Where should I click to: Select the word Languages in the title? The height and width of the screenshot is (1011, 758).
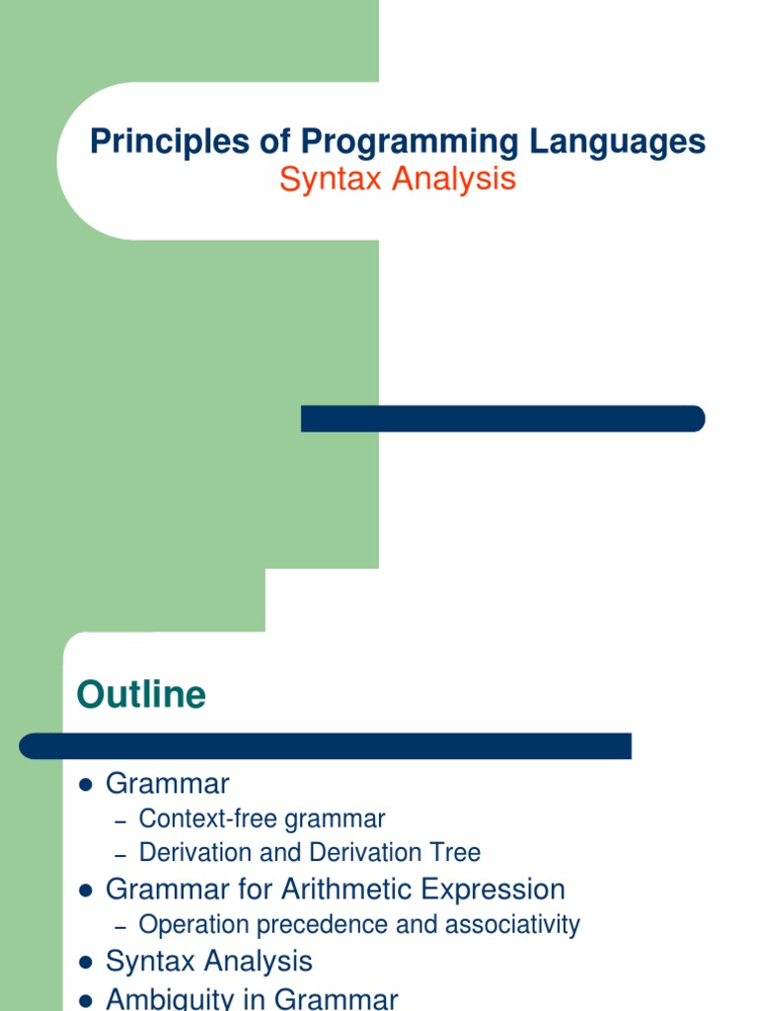[x=616, y=142]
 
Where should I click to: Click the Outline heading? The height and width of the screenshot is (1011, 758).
[x=141, y=695]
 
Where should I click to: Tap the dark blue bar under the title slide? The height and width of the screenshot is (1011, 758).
[x=502, y=419]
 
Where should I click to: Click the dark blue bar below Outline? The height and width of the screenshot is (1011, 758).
[x=326, y=746]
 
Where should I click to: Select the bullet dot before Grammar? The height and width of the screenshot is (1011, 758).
[x=85, y=785]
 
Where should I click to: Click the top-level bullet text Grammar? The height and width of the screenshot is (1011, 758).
[x=167, y=785]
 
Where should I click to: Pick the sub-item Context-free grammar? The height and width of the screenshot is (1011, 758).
[x=262, y=818]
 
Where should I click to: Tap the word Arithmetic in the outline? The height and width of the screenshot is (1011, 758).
[x=346, y=890]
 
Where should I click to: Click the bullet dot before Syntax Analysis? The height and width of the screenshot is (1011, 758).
[x=85, y=963]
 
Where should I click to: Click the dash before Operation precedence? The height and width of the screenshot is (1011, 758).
[x=121, y=927]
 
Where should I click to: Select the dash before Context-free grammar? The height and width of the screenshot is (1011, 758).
[x=121, y=820]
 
